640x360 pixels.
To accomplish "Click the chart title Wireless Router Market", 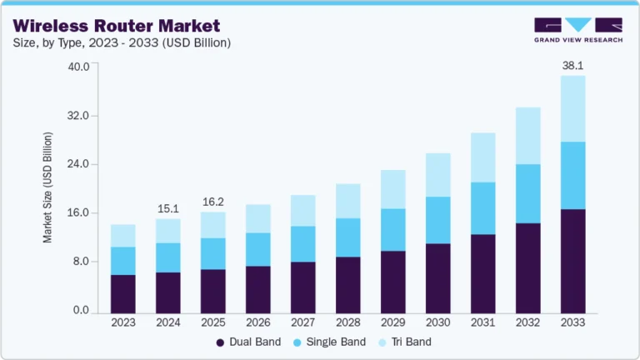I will click(116, 25).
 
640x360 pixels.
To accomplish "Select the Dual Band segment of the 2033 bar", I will click(572, 261).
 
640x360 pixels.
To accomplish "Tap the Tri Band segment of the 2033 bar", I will click(572, 108).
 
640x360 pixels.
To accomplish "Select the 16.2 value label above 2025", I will click(213, 201).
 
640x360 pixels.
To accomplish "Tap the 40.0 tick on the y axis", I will click(79, 67).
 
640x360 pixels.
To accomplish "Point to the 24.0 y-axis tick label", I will click(79, 164).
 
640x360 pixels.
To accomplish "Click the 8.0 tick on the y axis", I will click(82, 262).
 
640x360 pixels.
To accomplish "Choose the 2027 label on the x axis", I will click(303, 322).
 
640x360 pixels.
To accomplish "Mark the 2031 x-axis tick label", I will click(482, 322).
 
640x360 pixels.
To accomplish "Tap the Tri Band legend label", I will click(410, 342).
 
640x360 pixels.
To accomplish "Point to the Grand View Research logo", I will click(577, 29).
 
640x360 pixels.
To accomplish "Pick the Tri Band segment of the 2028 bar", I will click(348, 201).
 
